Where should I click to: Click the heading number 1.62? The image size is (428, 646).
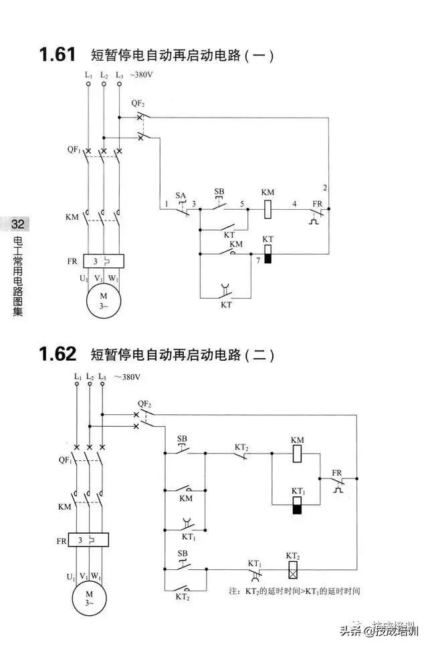click(58, 353)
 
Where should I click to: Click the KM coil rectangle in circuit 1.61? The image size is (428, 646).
click(267, 208)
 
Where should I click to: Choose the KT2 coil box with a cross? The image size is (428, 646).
click(292, 570)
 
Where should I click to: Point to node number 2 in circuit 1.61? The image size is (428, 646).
click(324, 186)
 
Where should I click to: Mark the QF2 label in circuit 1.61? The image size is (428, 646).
click(138, 103)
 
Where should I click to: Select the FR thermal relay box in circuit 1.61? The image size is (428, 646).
click(103, 261)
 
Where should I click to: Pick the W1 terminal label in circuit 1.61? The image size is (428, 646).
click(114, 277)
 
